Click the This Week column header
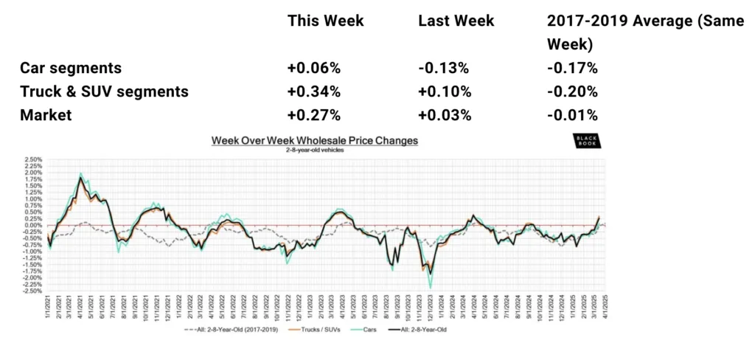click(325, 21)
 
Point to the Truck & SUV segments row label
click(105, 91)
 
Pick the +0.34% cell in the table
click(313, 91)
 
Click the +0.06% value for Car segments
click(313, 68)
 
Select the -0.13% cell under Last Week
click(442, 68)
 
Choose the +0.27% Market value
click(313, 115)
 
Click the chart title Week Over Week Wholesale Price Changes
click(315, 140)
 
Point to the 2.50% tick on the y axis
click(32, 159)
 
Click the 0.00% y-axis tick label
click(32, 225)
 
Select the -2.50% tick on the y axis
click(32, 291)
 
